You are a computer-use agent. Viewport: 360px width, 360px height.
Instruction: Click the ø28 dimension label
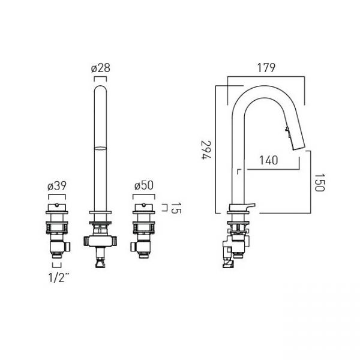click(101, 68)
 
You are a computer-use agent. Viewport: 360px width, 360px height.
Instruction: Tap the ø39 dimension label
click(57, 186)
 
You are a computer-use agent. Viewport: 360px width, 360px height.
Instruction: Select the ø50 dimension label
click(144, 186)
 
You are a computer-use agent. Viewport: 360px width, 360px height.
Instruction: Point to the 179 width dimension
click(266, 68)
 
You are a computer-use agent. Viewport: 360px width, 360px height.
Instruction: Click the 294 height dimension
click(206, 149)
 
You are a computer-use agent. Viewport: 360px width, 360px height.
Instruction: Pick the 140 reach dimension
click(269, 160)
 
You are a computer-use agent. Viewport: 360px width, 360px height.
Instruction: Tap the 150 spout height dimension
click(319, 182)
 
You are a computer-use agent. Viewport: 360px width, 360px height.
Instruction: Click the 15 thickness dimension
click(176, 208)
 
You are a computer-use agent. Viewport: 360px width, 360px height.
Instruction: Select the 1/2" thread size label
click(59, 277)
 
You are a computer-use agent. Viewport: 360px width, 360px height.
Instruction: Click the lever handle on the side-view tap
click(250, 205)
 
